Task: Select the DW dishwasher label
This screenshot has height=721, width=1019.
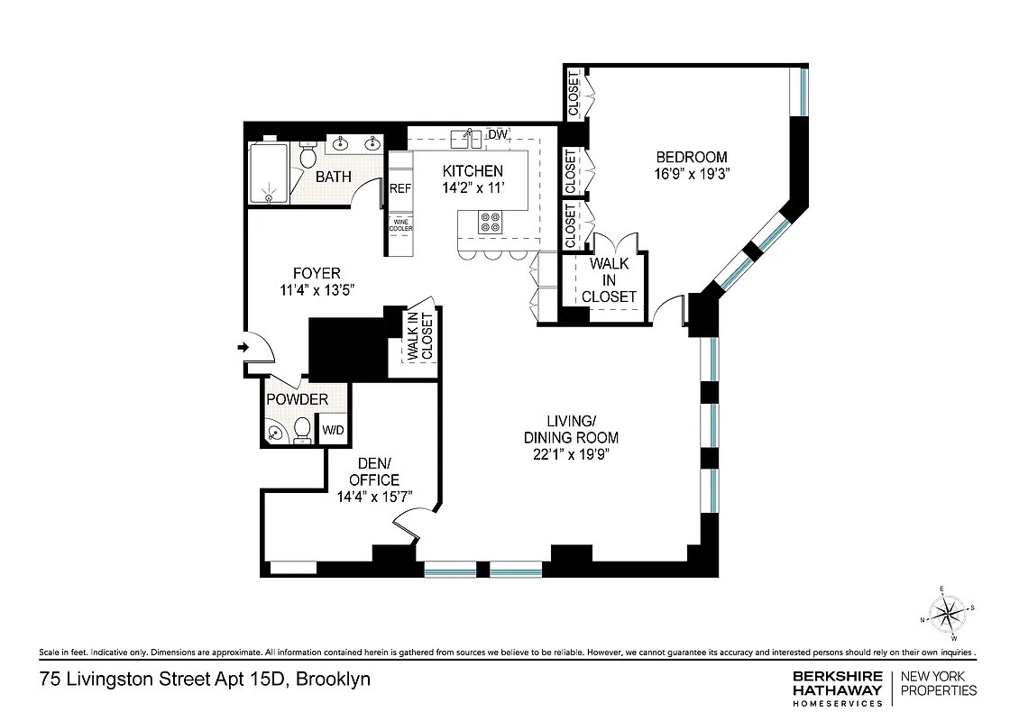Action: (498, 135)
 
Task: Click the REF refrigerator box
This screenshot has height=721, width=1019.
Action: (400, 189)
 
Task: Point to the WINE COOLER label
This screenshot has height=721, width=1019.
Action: (400, 224)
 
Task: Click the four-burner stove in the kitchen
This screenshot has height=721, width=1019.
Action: (491, 222)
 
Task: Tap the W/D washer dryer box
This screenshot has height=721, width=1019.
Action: (334, 431)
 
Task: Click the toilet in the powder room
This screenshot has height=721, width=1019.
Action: (303, 429)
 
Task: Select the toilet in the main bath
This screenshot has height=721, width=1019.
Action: (307, 157)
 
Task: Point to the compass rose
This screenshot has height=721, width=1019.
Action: (946, 616)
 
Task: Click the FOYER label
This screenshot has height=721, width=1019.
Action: (317, 273)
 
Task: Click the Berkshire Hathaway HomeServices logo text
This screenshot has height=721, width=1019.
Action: (823, 689)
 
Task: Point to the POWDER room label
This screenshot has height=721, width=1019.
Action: (297, 399)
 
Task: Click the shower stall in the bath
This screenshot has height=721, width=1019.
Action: (268, 175)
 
